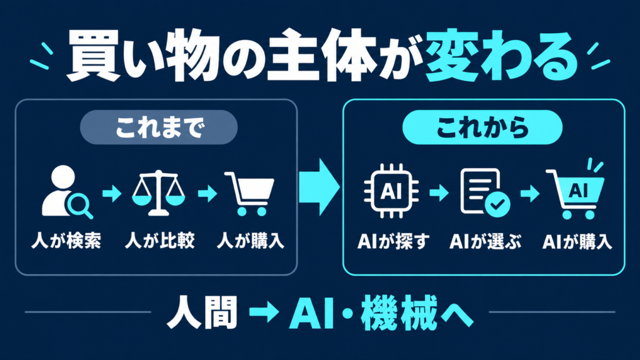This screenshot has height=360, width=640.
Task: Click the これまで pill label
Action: click(159, 127)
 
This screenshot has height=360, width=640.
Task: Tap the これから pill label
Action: click(482, 127)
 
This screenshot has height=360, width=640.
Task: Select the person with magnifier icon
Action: click(65, 192)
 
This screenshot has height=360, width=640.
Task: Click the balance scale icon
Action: click(158, 192)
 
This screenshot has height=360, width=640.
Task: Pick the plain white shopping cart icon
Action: click(250, 194)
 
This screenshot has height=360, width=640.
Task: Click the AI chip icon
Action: click(391, 191)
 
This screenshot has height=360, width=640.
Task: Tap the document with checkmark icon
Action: click(484, 192)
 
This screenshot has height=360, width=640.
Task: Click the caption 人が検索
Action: click(66, 241)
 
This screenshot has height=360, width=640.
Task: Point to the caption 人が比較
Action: click(159, 241)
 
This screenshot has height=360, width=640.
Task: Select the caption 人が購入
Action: click(250, 241)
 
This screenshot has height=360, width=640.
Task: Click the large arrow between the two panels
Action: click(319, 187)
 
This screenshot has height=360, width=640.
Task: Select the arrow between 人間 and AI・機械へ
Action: click(264, 312)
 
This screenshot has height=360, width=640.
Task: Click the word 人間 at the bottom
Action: click(202, 312)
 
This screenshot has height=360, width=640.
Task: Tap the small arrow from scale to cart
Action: click(207, 194)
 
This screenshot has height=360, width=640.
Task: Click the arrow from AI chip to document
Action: click(439, 192)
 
